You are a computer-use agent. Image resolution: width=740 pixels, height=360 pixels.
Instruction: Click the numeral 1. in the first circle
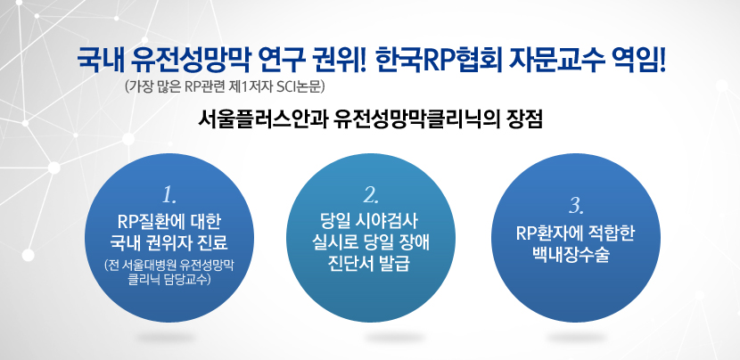[169, 194]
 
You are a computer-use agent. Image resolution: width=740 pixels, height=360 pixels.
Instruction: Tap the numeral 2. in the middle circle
[371, 194]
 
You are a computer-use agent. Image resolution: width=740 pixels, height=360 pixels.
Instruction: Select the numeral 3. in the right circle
[576, 206]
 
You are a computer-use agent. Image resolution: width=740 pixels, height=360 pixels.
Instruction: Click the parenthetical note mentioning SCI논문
[225, 87]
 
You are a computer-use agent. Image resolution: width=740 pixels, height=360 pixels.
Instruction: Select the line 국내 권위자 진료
[169, 243]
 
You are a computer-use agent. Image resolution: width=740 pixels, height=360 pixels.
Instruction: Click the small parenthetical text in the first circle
[169, 273]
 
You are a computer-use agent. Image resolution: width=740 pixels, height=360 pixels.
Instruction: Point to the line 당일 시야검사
[371, 221]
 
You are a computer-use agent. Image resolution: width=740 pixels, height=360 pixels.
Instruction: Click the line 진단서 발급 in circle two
[371, 265]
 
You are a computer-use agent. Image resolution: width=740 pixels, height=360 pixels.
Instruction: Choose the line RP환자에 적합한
[576, 233]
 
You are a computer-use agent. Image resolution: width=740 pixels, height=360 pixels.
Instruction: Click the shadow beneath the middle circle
[395, 338]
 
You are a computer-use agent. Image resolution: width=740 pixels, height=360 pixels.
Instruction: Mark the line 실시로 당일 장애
[371, 243]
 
